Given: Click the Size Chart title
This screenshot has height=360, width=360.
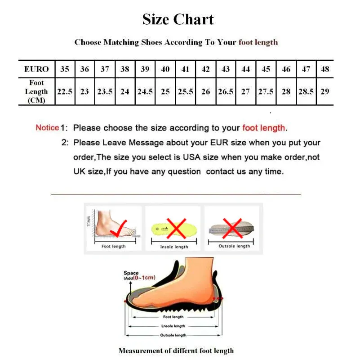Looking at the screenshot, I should click(x=178, y=19).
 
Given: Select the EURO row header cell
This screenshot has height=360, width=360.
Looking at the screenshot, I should click(x=37, y=69).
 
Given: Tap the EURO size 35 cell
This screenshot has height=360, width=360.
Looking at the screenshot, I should click(x=65, y=69).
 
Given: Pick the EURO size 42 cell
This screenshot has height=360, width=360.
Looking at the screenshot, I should click(x=206, y=69).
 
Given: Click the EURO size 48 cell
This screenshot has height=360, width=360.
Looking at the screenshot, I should click(x=325, y=69).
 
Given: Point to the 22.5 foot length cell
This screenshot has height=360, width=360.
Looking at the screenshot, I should click(x=65, y=91).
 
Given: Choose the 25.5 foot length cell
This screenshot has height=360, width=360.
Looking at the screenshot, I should click(x=186, y=91).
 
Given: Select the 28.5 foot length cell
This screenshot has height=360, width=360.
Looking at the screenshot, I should click(x=306, y=91).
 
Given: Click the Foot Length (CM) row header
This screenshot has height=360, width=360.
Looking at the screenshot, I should click(x=37, y=91).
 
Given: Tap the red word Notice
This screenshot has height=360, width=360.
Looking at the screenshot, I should click(x=47, y=128).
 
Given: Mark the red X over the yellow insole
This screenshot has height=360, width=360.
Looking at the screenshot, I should click(x=177, y=228).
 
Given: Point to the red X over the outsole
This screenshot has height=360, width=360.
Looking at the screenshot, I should click(x=233, y=227).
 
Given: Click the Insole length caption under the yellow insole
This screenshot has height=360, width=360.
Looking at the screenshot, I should click(x=174, y=247).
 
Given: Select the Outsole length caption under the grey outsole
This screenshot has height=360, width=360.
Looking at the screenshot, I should click(x=234, y=246).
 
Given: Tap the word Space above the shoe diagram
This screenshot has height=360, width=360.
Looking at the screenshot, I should click(x=131, y=273).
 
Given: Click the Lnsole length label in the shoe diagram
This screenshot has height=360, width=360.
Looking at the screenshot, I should click(x=173, y=326).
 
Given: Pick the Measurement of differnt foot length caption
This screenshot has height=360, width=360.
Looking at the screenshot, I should click(x=176, y=351).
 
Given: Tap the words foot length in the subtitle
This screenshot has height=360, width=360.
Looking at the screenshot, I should click(x=258, y=42).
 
